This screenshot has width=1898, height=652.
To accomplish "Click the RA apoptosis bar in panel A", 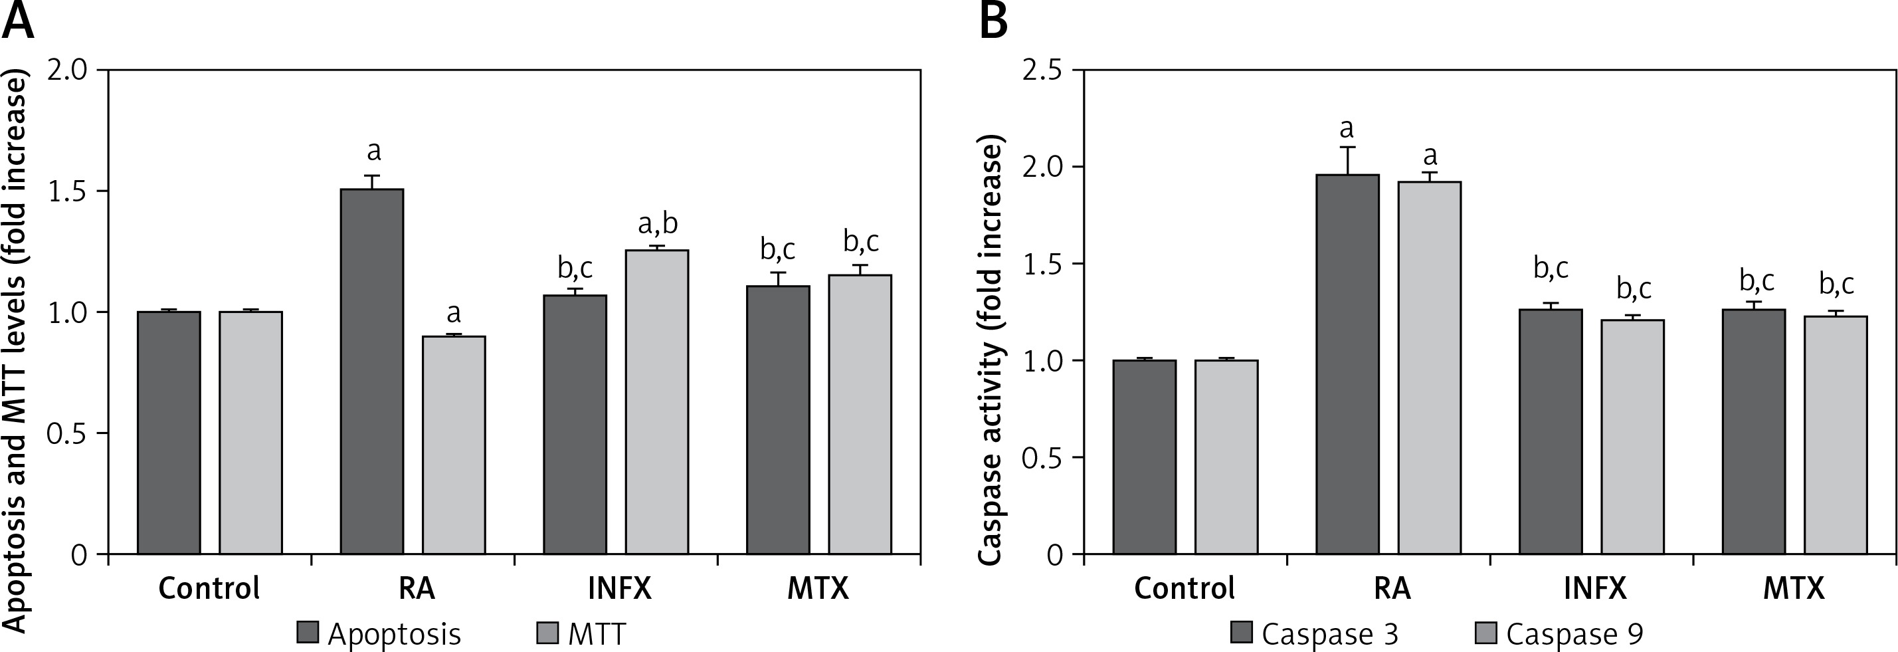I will pos(372,372).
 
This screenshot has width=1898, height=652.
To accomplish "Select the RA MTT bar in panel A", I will pos(453,445).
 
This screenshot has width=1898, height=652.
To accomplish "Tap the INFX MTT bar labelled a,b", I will pos(657,401).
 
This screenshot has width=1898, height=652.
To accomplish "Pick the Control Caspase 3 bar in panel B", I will pos(1144,457).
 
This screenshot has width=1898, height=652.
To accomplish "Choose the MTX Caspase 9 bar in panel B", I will pos(1836,435).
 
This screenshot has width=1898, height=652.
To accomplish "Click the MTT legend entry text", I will pos(596,633).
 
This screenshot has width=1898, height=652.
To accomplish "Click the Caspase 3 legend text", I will pos(1330,633).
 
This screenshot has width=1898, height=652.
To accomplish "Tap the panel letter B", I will pos(993,22).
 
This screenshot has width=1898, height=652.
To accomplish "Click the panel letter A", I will pos(18,22).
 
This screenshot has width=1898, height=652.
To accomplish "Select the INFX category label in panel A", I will pos(620,589).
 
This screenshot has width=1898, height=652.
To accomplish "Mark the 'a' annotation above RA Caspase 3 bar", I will pos(1347,130).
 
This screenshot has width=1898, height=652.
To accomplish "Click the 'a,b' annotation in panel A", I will pos(657,223).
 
